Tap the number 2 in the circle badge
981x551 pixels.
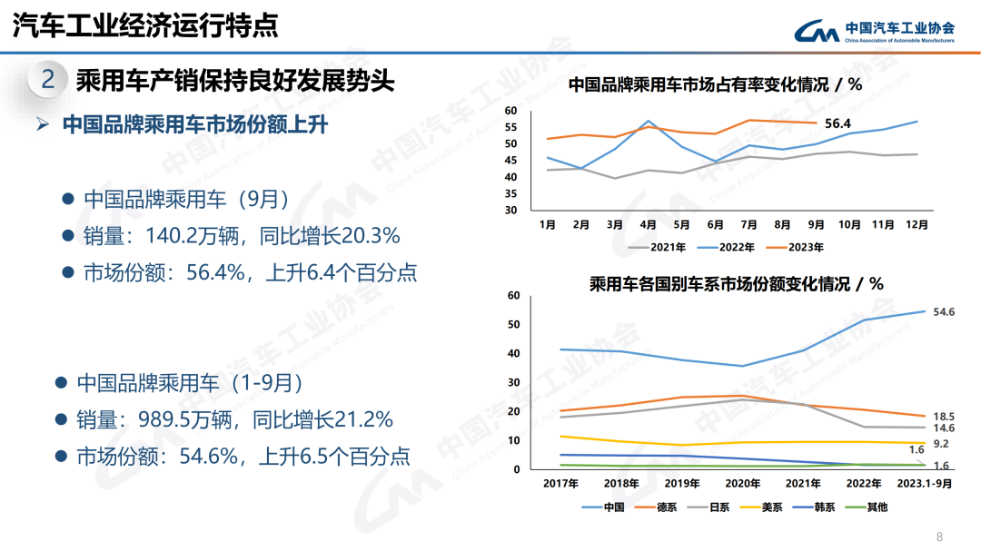click(48, 80)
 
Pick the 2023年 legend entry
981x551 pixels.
click(806, 246)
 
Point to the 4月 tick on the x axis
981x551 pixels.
click(648, 223)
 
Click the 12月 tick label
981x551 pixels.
click(916, 223)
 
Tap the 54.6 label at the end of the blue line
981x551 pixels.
click(943, 311)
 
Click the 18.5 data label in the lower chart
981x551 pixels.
click(943, 416)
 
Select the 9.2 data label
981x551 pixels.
click(941, 444)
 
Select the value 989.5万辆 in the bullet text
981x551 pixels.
click(184, 419)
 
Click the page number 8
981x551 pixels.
click(939, 536)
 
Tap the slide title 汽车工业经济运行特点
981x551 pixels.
click(145, 25)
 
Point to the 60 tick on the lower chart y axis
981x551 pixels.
click(513, 295)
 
